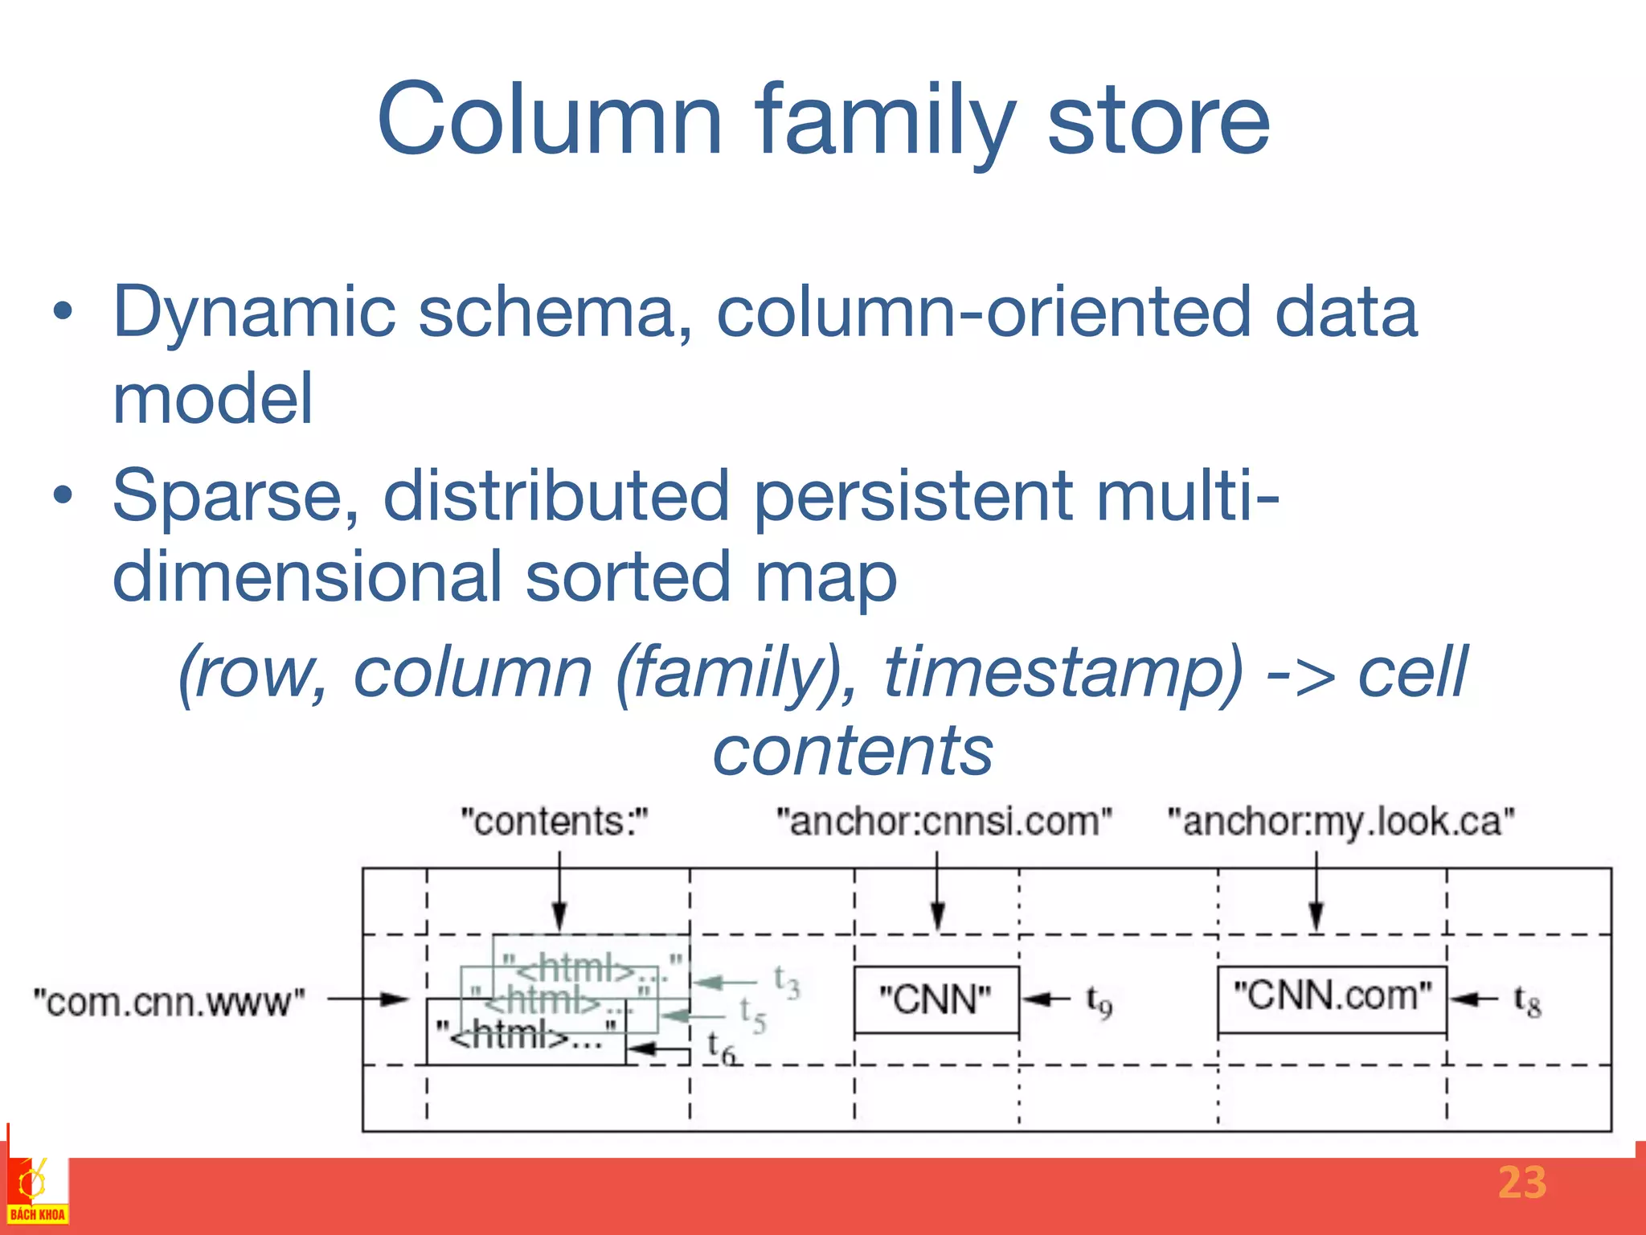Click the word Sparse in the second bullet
tap(235, 496)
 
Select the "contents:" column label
tap(554, 822)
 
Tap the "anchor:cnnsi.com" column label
tap(944, 822)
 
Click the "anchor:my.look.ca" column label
tap(1341, 822)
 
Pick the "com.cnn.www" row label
tap(169, 1002)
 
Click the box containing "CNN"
tap(936, 1000)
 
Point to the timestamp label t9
tap(1099, 1002)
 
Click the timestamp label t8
tap(1527, 1002)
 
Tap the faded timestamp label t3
tap(786, 983)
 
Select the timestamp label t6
tap(721, 1048)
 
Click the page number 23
tap(1521, 1183)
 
